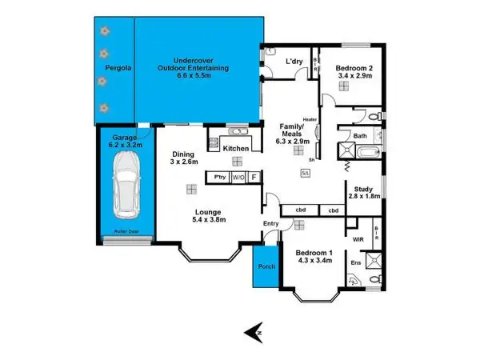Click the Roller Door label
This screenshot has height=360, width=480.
(127, 234)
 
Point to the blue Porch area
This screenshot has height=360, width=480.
(264, 272)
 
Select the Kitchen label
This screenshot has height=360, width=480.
(238, 150)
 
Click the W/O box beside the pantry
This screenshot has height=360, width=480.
(238, 177)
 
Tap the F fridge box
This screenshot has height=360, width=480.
(254, 177)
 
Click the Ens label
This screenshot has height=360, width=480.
(355, 262)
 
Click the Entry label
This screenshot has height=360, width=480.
(270, 223)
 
